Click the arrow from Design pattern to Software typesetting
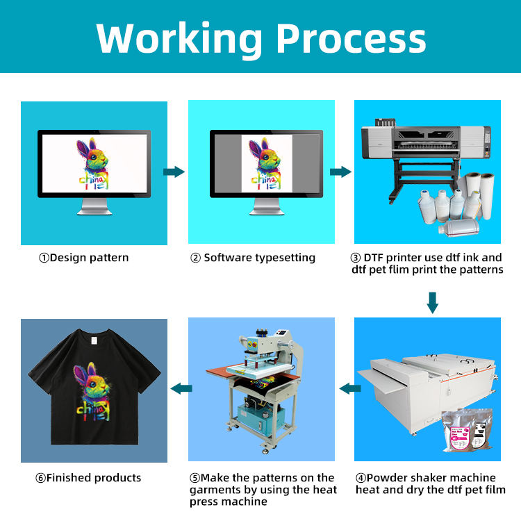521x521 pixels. pos(174,172)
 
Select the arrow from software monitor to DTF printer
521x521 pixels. pos(340,172)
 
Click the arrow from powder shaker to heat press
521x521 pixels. pos(348,389)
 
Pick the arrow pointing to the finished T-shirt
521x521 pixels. pos(181,389)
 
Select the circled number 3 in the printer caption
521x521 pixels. pos(356,258)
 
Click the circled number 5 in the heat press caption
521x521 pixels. pos(194,478)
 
